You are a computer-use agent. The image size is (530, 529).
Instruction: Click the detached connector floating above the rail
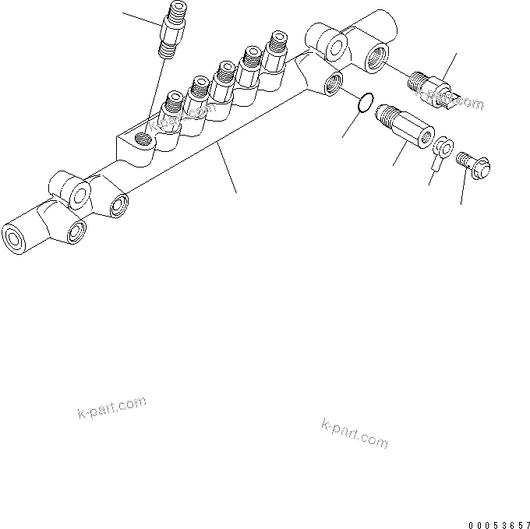171,30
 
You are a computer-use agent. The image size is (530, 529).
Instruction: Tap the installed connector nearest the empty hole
172,110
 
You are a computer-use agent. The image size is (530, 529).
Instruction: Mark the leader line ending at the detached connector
140,16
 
